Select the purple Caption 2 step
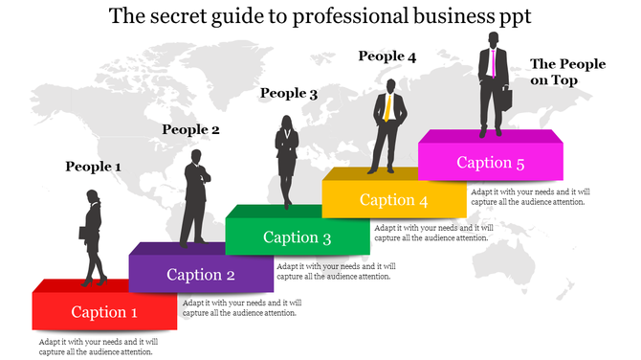tap(201, 275)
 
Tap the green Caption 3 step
tap(297, 237)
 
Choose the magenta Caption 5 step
tap(490, 163)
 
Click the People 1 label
tap(93, 167)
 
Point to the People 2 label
tap(190, 129)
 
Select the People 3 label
tap(289, 93)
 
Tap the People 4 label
tap(387, 56)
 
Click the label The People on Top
tap(567, 72)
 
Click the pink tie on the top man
tap(494, 63)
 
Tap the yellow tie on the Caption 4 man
tap(387, 106)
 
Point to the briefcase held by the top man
tap(508, 99)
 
